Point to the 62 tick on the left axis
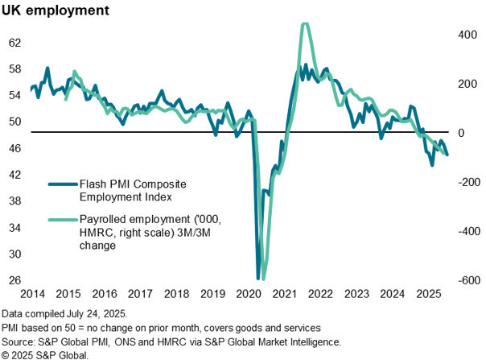[15, 42]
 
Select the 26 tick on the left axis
[15, 280]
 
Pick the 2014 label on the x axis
[32, 294]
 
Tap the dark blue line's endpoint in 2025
[447, 155]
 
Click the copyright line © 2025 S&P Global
[44, 354]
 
